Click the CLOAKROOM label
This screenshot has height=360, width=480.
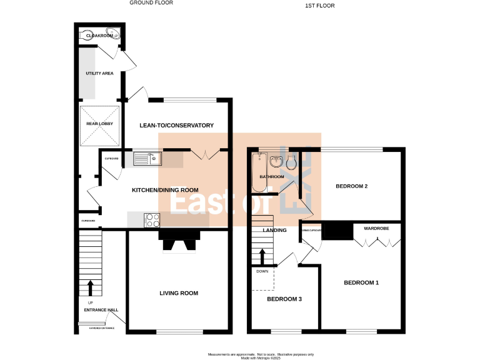(x=99, y=36)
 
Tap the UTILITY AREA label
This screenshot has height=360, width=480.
(x=99, y=74)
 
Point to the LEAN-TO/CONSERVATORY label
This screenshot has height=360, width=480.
(x=176, y=126)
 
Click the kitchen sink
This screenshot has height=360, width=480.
(x=147, y=159)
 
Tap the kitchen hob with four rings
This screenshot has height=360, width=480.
(x=152, y=220)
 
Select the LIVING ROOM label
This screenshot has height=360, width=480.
(x=178, y=293)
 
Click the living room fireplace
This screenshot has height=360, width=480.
(x=179, y=240)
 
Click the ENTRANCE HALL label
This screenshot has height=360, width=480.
(x=101, y=310)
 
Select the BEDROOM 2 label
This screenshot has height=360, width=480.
(x=351, y=186)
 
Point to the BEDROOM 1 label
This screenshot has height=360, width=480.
(x=361, y=283)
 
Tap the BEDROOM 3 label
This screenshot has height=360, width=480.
(x=284, y=299)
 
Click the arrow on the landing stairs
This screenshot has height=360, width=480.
(x=262, y=256)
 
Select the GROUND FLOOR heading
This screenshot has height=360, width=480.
(x=151, y=3)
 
